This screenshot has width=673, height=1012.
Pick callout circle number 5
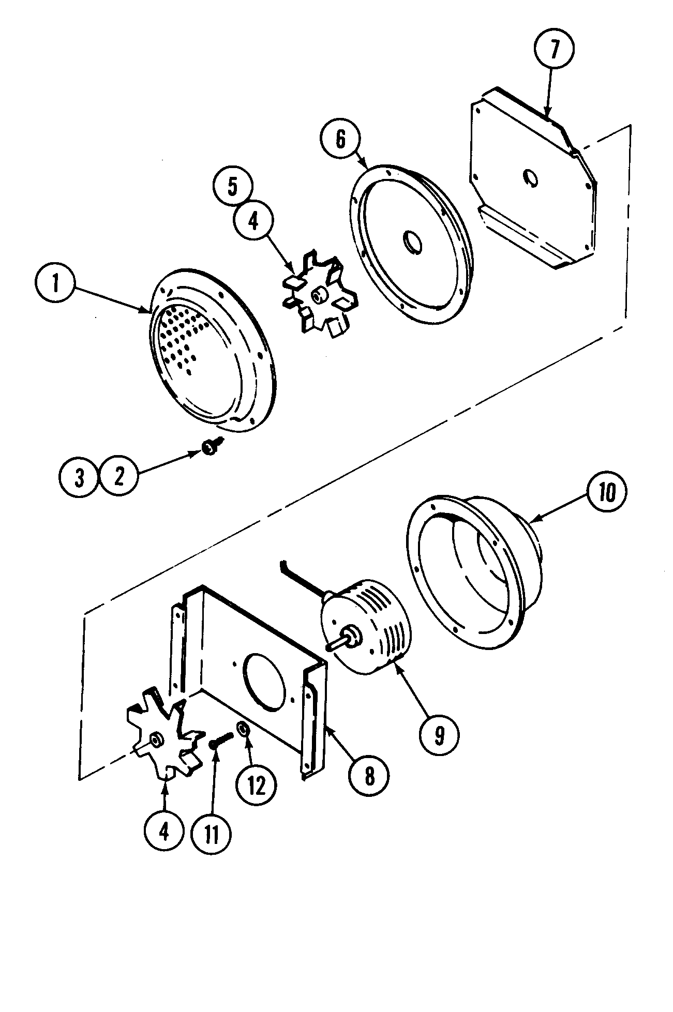pos(233,187)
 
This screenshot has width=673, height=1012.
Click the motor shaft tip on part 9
pos(328,646)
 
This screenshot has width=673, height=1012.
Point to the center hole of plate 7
pos(530,178)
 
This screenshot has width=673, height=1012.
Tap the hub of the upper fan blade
pos(316,295)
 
